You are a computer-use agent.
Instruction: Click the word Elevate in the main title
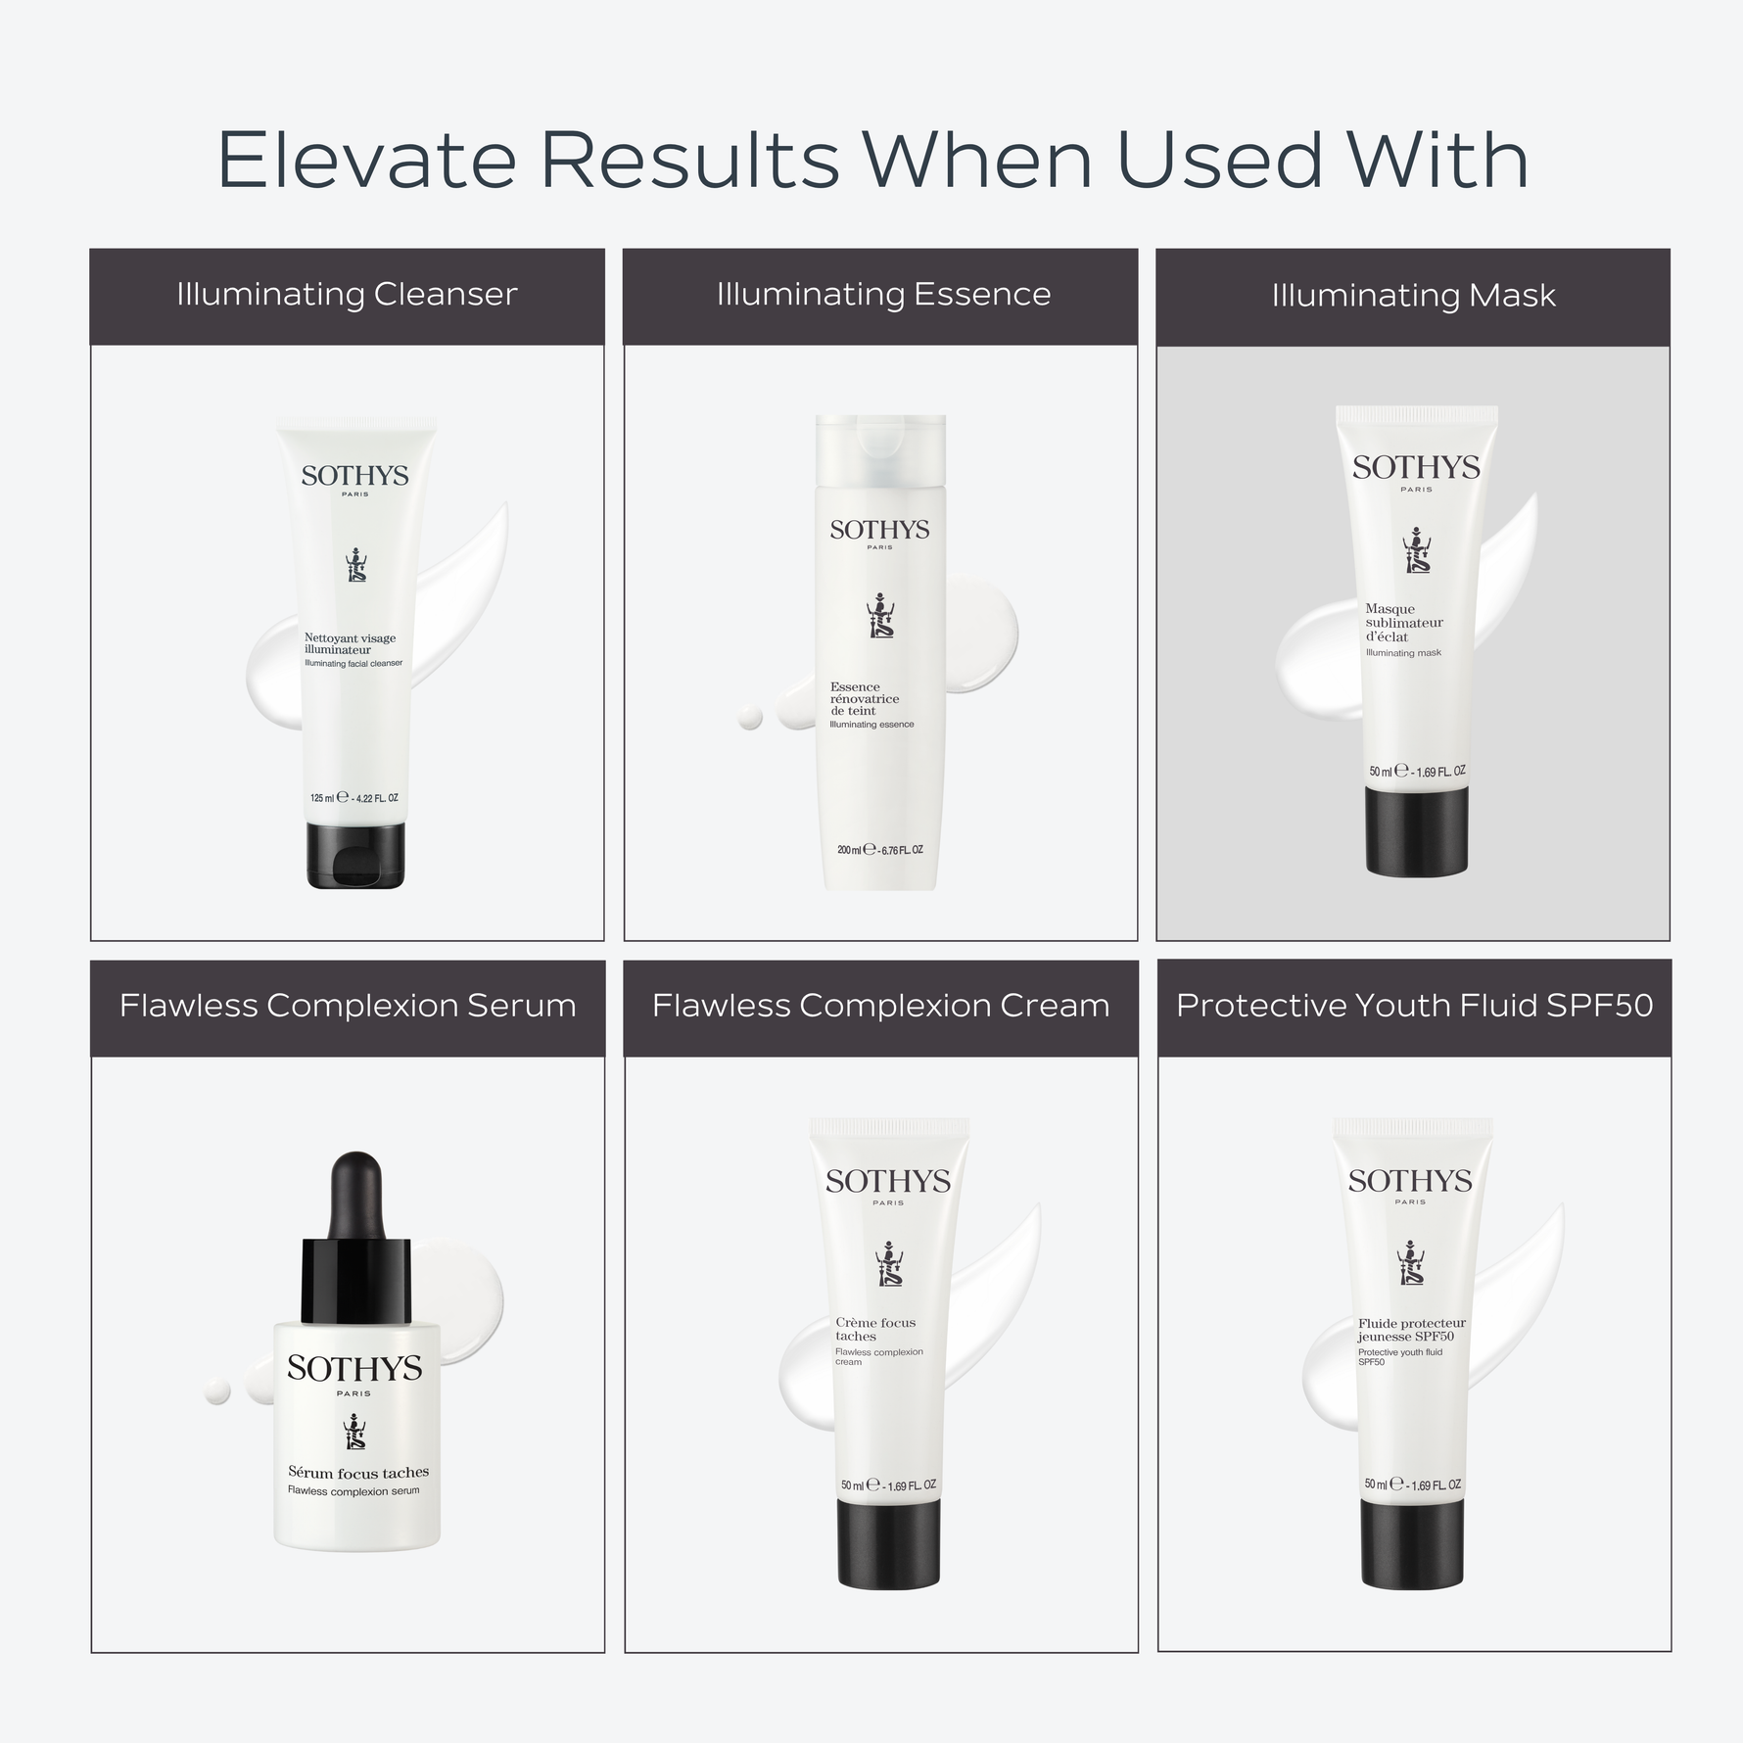click(x=366, y=160)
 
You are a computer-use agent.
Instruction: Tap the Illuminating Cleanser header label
click(x=347, y=294)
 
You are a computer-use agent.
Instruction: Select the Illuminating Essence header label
click(x=883, y=294)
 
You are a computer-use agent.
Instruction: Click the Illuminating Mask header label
click(x=1413, y=295)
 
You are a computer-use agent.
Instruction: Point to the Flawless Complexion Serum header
click(x=348, y=1006)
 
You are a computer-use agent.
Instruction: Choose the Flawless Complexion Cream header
click(x=880, y=1006)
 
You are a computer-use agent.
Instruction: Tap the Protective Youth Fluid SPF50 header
click(x=1414, y=1006)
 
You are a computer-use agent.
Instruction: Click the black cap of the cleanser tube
click(x=355, y=855)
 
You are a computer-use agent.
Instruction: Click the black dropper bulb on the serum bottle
click(x=355, y=1196)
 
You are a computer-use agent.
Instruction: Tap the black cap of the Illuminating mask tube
click(x=1417, y=830)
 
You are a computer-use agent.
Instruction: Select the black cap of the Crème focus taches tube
click(x=888, y=1544)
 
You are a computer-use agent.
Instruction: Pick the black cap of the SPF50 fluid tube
click(x=1412, y=1544)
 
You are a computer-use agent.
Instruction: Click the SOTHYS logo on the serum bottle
click(x=354, y=1368)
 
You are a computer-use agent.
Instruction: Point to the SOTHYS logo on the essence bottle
click(x=879, y=530)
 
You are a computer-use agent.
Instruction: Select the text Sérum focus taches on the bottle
click(x=358, y=1473)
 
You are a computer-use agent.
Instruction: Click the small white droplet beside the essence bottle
click(x=750, y=718)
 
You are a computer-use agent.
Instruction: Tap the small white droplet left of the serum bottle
click(x=216, y=1390)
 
